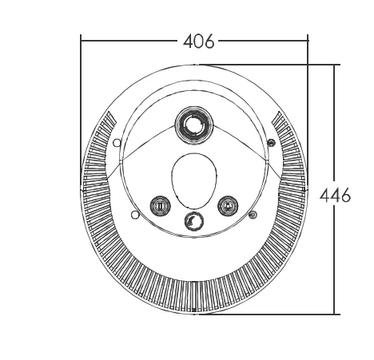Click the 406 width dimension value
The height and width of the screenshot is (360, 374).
coord(198,42)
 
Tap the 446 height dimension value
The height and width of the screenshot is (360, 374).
coord(335,195)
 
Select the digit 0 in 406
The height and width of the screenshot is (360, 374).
coord(198,42)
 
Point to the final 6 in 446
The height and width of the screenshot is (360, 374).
coord(346,195)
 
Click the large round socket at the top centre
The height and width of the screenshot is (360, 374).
coord(194,125)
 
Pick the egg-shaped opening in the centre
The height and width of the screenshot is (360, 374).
coord(194,181)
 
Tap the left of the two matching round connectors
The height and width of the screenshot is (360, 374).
coord(160,206)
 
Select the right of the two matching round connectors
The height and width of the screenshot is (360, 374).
coord(228,206)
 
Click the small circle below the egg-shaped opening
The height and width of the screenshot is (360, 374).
coord(194,221)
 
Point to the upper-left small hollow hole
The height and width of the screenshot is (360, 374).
coord(117,143)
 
